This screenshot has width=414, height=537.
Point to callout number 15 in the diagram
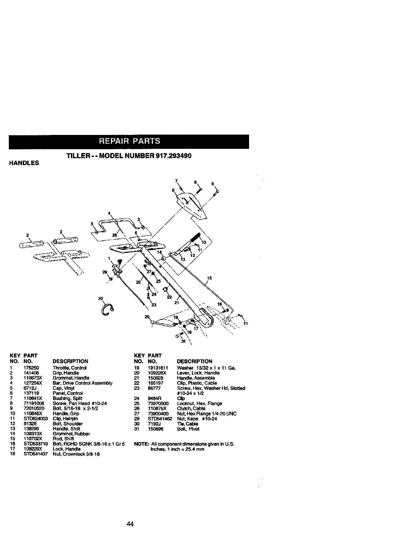point(209,278)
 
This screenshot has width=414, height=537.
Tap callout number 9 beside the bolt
point(213,184)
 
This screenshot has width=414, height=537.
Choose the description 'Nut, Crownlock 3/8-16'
point(76,454)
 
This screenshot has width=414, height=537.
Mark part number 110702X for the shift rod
point(33,439)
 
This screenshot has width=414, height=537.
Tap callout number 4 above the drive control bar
point(109,213)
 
